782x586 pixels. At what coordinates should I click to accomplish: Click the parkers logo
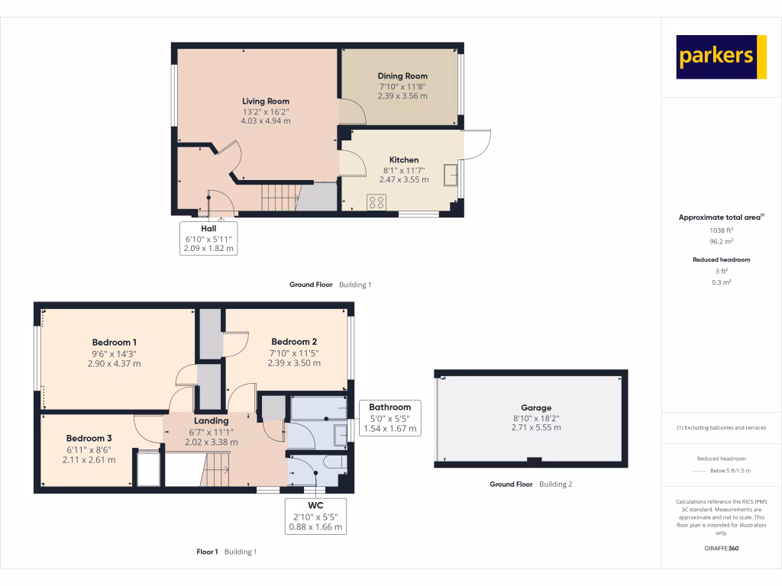[x=721, y=57]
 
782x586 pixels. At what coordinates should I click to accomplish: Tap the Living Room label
[x=266, y=101]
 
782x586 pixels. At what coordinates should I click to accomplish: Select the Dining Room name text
[x=402, y=76]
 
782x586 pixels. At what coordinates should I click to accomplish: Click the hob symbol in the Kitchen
[x=376, y=202]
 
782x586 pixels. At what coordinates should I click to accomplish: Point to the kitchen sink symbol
[x=451, y=175]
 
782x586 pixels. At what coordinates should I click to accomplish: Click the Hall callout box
[x=208, y=238]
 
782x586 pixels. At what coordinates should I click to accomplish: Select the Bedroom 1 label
[x=115, y=342]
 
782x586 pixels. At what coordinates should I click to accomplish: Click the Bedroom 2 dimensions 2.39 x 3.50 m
[x=294, y=363]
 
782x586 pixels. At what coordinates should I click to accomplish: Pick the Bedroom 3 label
[x=89, y=438]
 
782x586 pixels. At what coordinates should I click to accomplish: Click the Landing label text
[x=211, y=420]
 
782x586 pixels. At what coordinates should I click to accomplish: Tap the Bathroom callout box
[x=389, y=417]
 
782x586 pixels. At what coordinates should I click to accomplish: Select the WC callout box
[x=315, y=516]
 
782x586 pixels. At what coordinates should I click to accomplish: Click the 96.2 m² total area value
[x=721, y=241]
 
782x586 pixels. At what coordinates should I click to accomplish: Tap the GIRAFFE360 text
[x=721, y=549]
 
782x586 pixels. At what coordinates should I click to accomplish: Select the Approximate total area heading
[x=721, y=217]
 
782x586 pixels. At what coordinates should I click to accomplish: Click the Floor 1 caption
[x=207, y=552]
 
